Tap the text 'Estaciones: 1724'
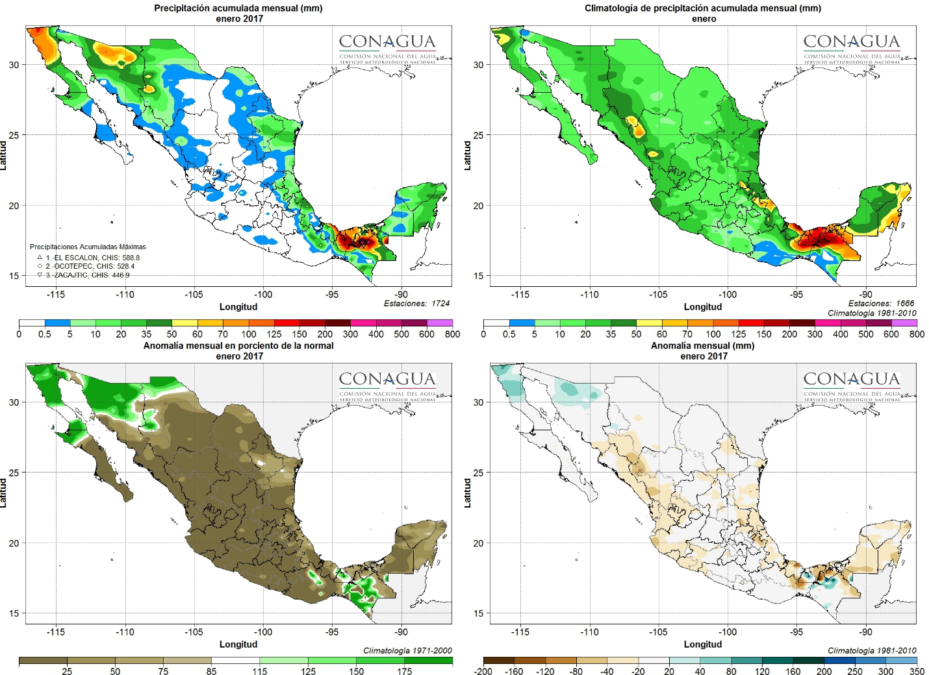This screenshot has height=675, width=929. click(x=416, y=303)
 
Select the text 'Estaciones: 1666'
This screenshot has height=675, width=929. click(x=881, y=303)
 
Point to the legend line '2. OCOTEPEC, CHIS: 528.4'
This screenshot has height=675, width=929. click(x=90, y=266)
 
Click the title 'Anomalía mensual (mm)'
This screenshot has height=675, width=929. click(x=703, y=346)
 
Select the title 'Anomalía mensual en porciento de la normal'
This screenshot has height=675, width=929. click(x=238, y=346)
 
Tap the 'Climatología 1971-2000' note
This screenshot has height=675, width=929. click(x=407, y=650)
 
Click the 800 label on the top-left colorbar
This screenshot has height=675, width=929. click(x=452, y=334)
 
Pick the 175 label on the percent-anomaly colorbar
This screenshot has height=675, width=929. click(x=405, y=672)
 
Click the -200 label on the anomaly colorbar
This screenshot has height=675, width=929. click(x=483, y=672)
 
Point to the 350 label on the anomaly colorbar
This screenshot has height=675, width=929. click(x=917, y=672)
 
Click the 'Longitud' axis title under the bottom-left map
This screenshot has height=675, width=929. click(x=238, y=644)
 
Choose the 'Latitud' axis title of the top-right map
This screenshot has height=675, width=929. click(x=467, y=156)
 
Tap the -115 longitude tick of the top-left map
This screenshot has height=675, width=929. click(x=56, y=295)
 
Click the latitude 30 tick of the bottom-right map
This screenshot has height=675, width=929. click(x=478, y=402)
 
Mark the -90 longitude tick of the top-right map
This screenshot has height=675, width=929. click(x=866, y=295)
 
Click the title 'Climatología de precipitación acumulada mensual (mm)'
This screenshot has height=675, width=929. click(x=703, y=8)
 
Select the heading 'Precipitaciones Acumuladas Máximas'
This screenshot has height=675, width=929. click(x=88, y=247)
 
